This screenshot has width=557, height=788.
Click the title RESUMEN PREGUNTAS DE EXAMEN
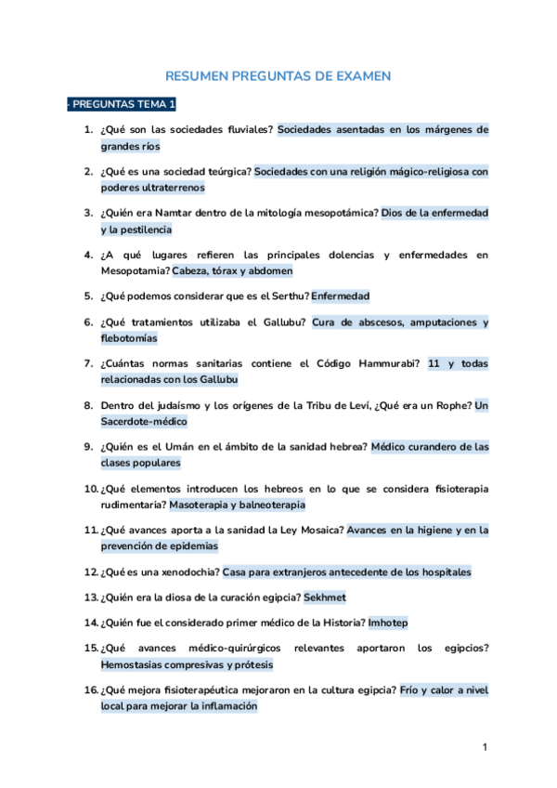[278, 76]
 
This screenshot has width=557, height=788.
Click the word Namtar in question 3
[179, 213]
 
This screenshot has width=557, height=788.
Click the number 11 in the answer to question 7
[434, 363]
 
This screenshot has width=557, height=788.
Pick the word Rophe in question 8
[451, 405]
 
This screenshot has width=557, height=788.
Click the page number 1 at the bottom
[486, 747]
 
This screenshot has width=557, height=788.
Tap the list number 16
[91, 690]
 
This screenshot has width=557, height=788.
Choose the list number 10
[91, 489]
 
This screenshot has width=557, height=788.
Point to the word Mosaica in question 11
[312, 531]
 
